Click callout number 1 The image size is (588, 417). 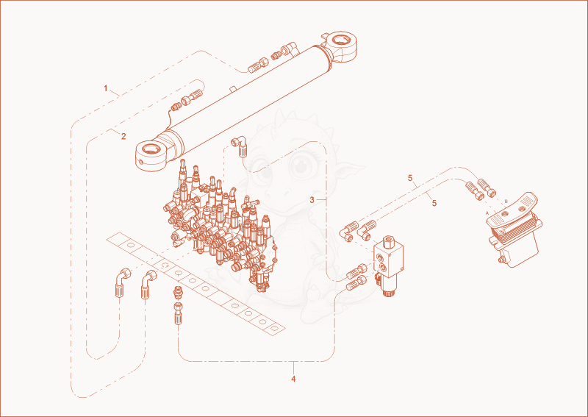pos(106,88)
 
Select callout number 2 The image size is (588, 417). pos(123,137)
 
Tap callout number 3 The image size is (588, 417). pos(312,200)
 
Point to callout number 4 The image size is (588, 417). pos(293,379)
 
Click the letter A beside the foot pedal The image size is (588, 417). pos(487,213)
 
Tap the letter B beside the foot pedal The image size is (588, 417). pos(506,202)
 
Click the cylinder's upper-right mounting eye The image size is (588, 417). pos(340,43)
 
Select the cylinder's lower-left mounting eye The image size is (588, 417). pos(152,154)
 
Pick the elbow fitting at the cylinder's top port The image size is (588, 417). pos(290,49)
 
